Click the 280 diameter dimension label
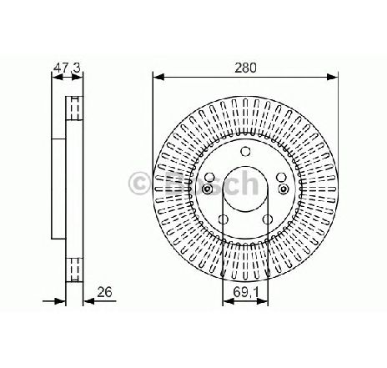click(x=245, y=68)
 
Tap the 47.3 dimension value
click(x=67, y=68)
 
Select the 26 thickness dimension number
click(x=105, y=292)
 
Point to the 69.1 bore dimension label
click(x=246, y=292)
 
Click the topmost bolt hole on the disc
click(x=245, y=152)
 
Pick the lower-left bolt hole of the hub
click(x=223, y=219)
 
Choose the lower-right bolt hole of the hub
click(x=268, y=219)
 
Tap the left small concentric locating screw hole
click(x=207, y=189)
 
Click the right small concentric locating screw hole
click(x=284, y=189)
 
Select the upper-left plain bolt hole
click(x=209, y=177)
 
